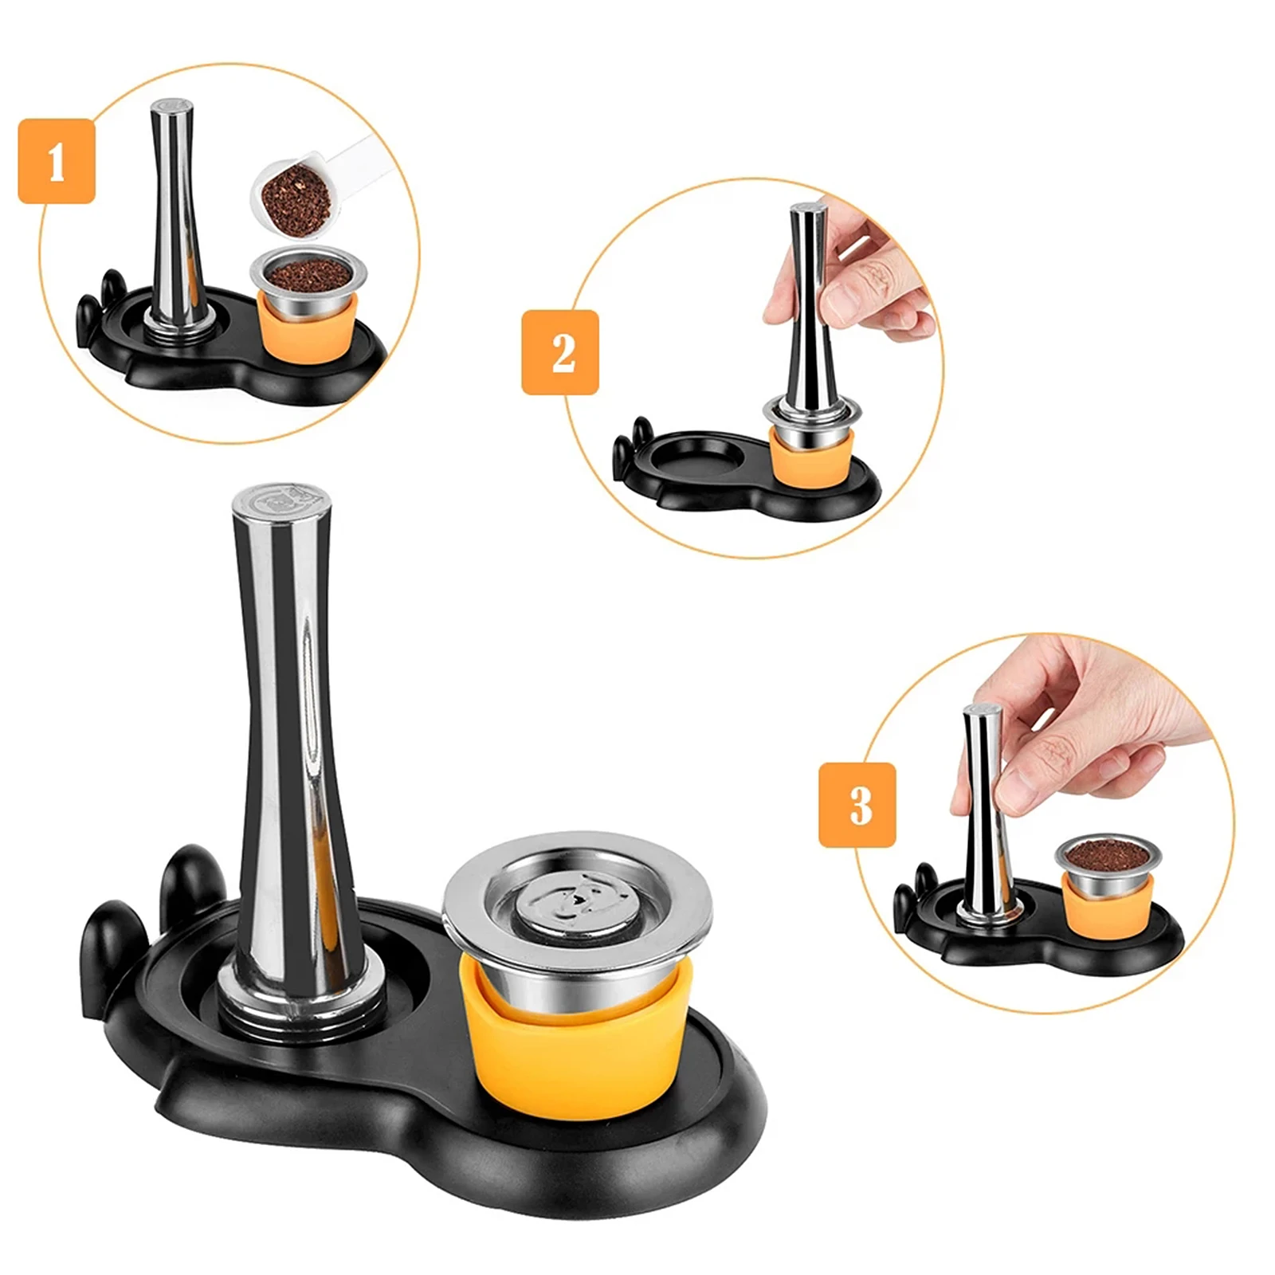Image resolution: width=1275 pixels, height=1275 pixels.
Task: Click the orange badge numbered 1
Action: [x=57, y=161]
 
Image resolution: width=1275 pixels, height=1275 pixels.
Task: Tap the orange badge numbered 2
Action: [x=560, y=352]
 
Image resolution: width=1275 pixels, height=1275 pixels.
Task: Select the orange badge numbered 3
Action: [x=857, y=804]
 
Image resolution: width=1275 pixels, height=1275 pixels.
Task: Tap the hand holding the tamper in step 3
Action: [x=1068, y=733]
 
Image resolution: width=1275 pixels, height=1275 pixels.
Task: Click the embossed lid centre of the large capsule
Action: [x=575, y=903]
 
